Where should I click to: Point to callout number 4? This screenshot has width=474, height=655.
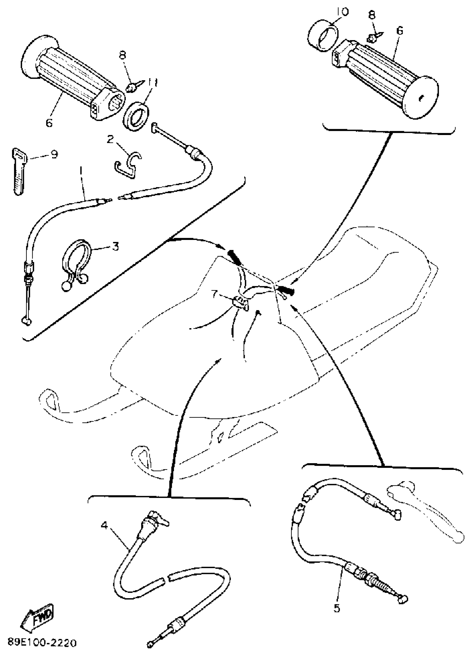(104, 525)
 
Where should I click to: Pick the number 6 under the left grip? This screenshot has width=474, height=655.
(49, 123)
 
